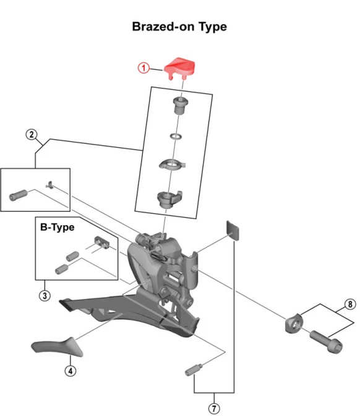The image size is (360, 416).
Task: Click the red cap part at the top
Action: coord(179,67)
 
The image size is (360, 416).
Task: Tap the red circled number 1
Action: coord(144,68)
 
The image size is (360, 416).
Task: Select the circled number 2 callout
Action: coord(32,134)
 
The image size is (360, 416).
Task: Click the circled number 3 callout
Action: coord(45,295)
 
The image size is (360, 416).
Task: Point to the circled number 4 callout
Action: coord(71,371)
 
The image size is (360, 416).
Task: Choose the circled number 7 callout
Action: coord(214,409)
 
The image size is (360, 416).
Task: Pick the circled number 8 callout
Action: coord(350,305)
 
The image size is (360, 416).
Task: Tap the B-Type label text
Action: coord(58,227)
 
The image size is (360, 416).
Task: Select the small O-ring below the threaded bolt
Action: coord(176,136)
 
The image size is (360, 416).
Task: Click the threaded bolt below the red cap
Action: coord(180,105)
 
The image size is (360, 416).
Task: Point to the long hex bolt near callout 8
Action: coord(326,342)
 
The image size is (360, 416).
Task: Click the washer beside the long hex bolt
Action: coord(293,323)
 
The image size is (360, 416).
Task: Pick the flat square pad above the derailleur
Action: coord(233,230)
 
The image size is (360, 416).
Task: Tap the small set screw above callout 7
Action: coord(194,370)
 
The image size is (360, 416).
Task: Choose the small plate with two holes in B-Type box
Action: coord(102,242)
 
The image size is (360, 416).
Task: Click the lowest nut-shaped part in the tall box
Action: coord(169,200)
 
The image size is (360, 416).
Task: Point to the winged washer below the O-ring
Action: coord(173,165)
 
